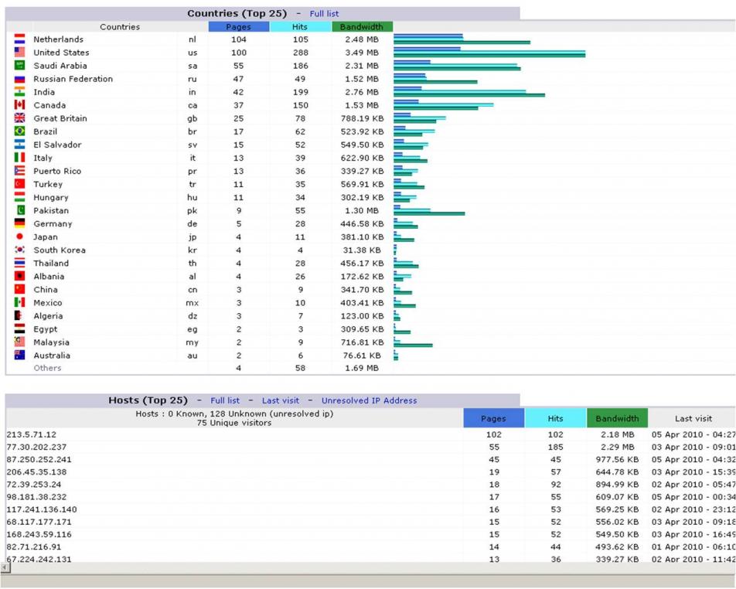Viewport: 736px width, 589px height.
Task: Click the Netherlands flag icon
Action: pos(20,39)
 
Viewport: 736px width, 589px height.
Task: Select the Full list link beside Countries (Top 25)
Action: pos(324,14)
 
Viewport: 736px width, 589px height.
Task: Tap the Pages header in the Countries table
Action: pos(238,27)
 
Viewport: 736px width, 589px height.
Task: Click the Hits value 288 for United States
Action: pos(301,53)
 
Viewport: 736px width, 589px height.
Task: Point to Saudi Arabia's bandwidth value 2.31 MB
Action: pos(362,66)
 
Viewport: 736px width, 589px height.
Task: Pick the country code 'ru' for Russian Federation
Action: pos(193,79)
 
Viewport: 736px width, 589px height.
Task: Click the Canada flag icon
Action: pos(20,104)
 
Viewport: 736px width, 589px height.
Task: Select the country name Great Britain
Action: pos(60,118)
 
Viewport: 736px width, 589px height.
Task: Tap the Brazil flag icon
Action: pos(20,131)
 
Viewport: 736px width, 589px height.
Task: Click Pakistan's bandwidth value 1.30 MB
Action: pos(362,211)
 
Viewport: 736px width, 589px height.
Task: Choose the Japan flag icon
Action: pos(20,237)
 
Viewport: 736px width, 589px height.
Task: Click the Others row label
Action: pos(47,368)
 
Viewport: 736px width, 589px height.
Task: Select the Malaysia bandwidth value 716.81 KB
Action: pos(362,342)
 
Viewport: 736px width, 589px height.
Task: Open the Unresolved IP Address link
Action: pos(369,400)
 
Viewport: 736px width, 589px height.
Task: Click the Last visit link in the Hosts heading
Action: pos(280,400)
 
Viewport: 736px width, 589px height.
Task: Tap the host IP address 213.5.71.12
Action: pos(32,434)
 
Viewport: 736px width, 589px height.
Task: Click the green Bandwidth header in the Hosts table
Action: pos(617,418)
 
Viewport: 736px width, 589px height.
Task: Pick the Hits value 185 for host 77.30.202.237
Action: pos(555,448)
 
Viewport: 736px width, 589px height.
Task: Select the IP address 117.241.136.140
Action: pos(42,509)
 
